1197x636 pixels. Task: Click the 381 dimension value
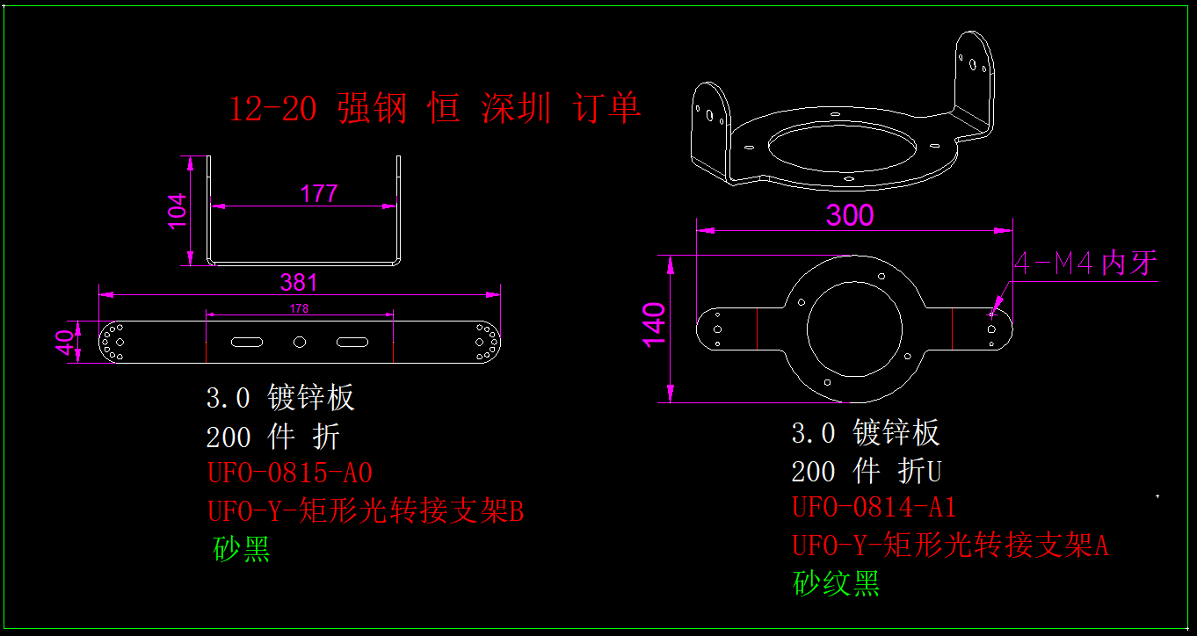(299, 283)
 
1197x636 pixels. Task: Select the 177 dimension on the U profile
(318, 193)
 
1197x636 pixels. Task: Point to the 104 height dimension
(178, 211)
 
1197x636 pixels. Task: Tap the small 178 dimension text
(299, 308)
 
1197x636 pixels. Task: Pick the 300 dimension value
(850, 215)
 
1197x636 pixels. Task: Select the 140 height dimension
(653, 324)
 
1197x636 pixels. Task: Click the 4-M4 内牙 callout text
(1086, 264)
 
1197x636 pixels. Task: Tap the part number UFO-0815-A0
(290, 473)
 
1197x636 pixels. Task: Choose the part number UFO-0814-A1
(874, 507)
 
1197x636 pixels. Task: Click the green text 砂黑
(242, 549)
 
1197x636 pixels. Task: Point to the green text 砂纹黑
(836, 582)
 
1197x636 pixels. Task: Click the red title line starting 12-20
(435, 109)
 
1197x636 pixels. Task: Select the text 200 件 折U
(867, 472)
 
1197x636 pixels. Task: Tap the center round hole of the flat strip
(300, 341)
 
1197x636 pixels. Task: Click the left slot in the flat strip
(248, 341)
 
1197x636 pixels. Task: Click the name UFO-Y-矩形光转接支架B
(365, 510)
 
